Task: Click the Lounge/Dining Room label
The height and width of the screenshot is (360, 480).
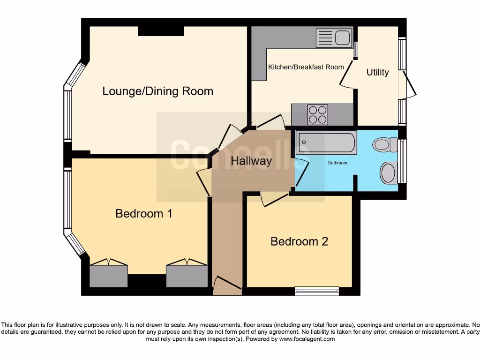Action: pos(158,91)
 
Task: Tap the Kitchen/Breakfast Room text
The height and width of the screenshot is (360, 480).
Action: pos(306,67)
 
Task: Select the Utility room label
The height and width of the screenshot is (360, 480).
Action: pos(377,72)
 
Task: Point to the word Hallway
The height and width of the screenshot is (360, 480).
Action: pos(251,161)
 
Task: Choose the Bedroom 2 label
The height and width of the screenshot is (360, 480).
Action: pos(299,241)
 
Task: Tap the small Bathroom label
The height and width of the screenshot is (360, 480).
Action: pos(337,163)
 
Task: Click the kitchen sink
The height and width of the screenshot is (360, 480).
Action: pos(333,37)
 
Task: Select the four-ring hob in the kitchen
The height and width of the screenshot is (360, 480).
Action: pos(317,114)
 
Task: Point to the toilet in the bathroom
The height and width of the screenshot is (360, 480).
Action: pos(387,144)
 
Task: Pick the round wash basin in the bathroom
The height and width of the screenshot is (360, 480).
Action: pos(389,173)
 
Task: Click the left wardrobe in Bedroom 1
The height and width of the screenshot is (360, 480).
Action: pos(108,275)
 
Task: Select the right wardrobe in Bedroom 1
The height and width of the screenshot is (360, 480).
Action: pos(187,275)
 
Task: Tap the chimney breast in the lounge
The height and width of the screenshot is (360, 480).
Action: pos(161,31)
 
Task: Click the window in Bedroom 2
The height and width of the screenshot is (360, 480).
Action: pos(317,291)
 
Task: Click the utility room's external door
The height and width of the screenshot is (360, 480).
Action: pos(409,86)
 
